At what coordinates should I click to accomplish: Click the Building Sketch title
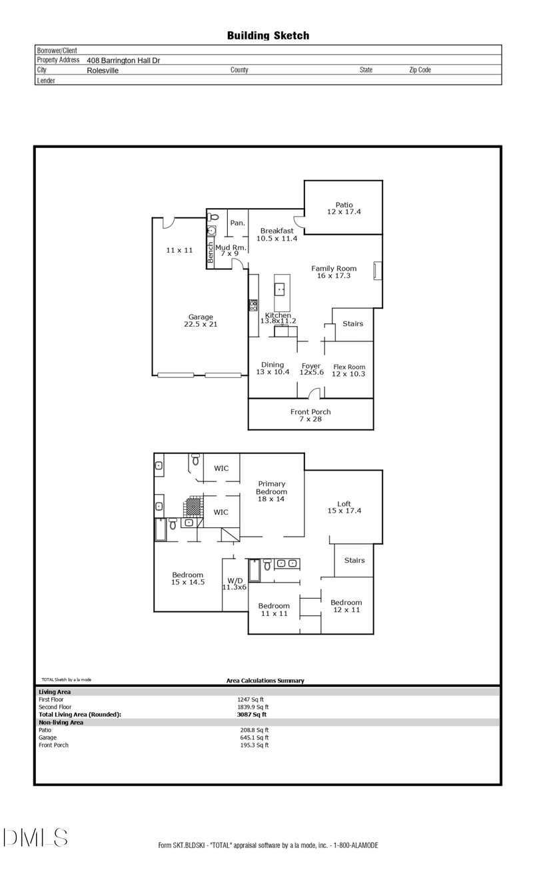[x=268, y=36]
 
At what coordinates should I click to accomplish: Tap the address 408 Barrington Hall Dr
[x=123, y=61]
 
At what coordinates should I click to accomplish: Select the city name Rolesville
[x=103, y=71]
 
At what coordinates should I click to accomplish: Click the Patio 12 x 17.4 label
[x=344, y=208]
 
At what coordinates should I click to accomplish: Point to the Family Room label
[x=334, y=269]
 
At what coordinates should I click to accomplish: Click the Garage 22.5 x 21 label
[x=201, y=320]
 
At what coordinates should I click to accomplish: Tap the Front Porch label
[x=310, y=411]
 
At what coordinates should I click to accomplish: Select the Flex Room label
[x=349, y=367]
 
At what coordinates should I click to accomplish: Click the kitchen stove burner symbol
[x=253, y=305]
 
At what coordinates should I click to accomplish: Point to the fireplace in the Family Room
[x=378, y=271]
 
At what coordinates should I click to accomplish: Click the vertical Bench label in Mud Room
[x=211, y=253]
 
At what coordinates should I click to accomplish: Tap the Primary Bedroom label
[x=271, y=487]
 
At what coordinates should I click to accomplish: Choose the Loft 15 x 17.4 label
[x=344, y=507]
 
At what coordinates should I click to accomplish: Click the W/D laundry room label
[x=235, y=580]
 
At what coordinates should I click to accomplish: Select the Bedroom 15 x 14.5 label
[x=188, y=579]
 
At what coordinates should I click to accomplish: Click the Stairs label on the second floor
[x=354, y=560]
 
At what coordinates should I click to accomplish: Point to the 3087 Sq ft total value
[x=251, y=715]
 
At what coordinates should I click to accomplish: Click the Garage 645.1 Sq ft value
[x=254, y=738]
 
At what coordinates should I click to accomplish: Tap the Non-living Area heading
[x=61, y=723]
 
